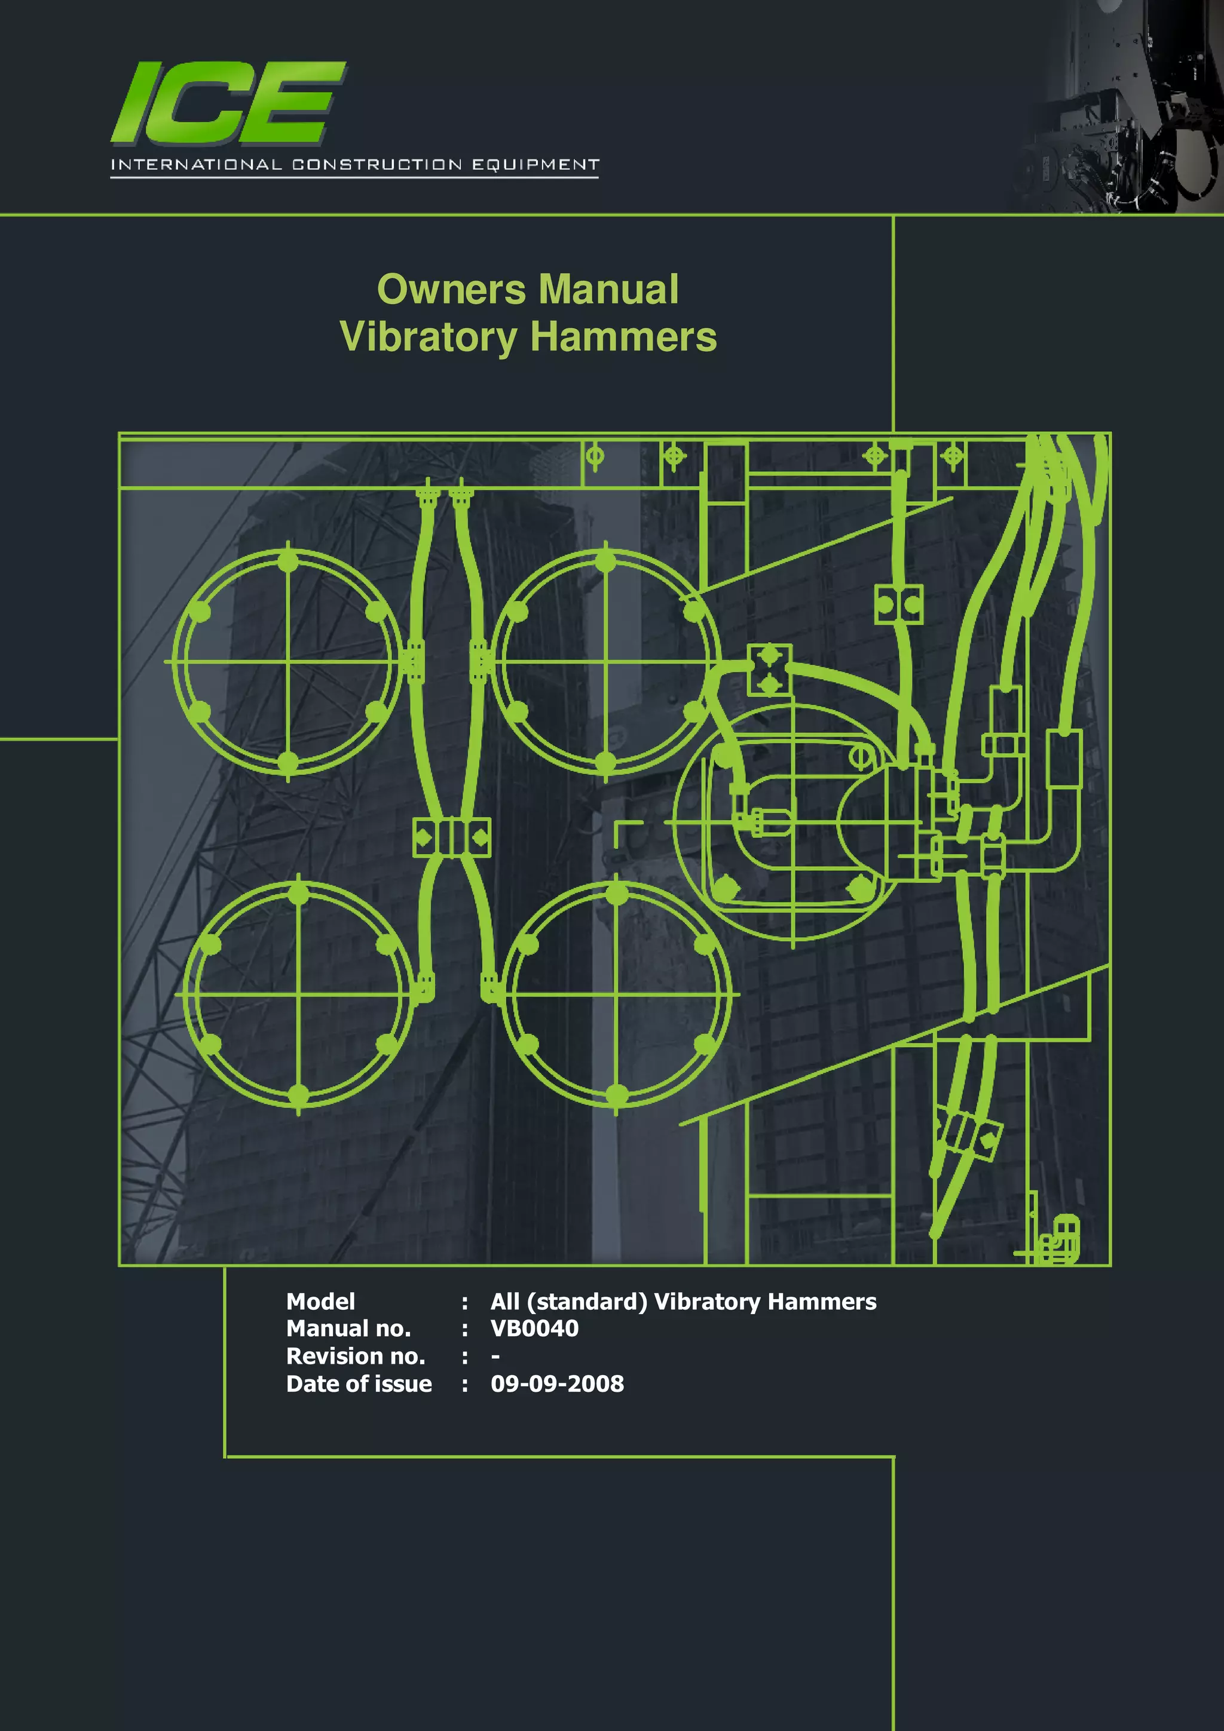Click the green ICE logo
coord(228,103)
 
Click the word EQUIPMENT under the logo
coord(535,164)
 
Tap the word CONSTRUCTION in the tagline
coord(377,164)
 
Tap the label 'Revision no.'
coord(355,1356)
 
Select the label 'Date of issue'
coord(359,1383)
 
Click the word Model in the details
coord(320,1302)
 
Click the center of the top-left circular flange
coord(288,662)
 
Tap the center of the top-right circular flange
coord(605,662)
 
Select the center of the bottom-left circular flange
coord(299,995)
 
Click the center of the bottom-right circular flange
coord(617,995)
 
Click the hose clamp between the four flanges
coord(452,837)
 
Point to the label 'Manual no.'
coord(348,1328)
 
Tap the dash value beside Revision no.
coord(495,1356)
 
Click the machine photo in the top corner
coord(1124,106)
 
